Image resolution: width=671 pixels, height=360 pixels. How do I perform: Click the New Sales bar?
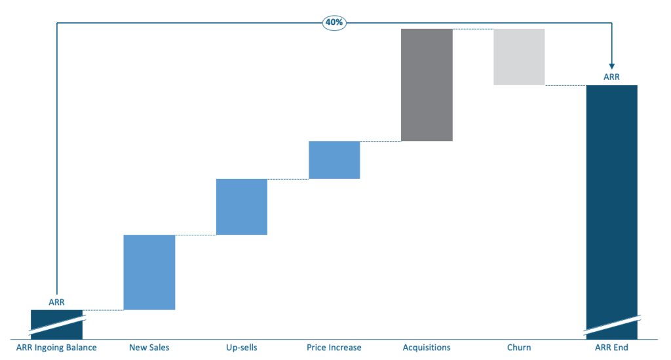(149, 272)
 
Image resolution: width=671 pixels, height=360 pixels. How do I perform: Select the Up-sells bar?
(242, 207)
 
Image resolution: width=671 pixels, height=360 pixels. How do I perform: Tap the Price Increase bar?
(334, 160)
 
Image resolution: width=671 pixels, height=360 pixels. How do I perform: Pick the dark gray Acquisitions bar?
(427, 85)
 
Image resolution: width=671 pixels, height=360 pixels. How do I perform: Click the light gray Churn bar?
(519, 57)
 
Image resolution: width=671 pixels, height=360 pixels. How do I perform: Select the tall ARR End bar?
(611, 197)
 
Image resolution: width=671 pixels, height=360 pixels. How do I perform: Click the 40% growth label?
(334, 22)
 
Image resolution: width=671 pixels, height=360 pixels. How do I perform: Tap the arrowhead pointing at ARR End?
(611, 65)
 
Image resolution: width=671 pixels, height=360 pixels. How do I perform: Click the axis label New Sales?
(149, 348)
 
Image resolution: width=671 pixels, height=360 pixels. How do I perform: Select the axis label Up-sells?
(242, 348)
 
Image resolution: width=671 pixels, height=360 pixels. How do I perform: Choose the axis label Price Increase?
(334, 348)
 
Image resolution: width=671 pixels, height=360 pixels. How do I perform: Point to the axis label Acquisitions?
(427, 348)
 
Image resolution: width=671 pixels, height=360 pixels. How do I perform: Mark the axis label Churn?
(519, 348)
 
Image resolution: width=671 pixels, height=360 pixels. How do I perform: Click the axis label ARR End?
(611, 348)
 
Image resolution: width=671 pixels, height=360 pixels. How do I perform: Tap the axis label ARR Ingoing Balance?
(56, 348)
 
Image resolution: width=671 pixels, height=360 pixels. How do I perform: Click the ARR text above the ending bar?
(611, 77)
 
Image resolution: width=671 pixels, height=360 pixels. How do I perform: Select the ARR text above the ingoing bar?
(56, 302)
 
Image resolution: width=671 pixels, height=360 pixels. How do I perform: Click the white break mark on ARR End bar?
(611, 323)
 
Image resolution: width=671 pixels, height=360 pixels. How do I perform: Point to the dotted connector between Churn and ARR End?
(565, 85)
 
